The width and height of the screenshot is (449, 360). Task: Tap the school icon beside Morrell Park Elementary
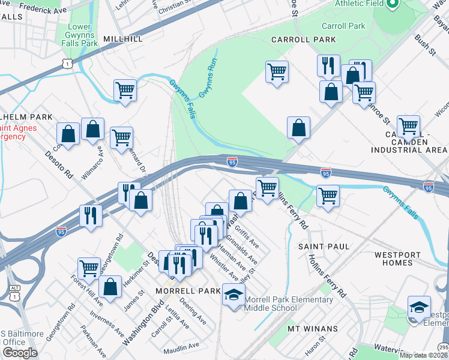[x=234, y=294]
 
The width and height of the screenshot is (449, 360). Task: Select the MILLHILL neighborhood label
[x=123, y=38]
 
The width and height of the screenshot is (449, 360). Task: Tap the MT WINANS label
[x=310, y=328]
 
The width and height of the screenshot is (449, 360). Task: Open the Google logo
[x=20, y=353]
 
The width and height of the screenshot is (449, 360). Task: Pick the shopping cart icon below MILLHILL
[x=125, y=90]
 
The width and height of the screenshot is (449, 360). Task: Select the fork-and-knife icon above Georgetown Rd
[x=91, y=215]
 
